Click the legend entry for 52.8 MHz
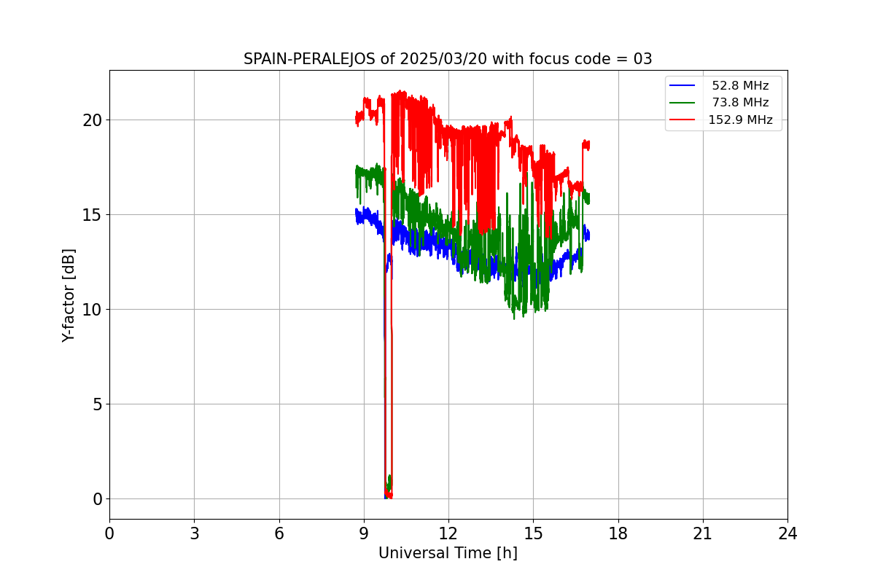coord(740,86)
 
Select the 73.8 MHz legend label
coord(740,103)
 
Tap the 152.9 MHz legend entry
coord(740,120)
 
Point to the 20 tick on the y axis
coord(92,120)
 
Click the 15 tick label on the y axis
coord(92,215)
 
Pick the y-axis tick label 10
coord(92,310)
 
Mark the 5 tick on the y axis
coord(97,404)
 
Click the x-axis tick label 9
coord(364,533)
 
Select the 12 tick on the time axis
coord(448,533)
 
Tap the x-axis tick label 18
coord(618,533)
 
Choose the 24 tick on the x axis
coord(787,533)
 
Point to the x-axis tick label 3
coord(194,533)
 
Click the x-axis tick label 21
coord(703,533)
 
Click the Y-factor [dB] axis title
coord(69,295)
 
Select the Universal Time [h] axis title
coord(448,554)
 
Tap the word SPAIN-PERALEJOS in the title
coord(310,60)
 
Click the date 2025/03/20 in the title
coord(436,60)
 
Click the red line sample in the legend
coord(682,120)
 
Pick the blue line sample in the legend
coord(682,86)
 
